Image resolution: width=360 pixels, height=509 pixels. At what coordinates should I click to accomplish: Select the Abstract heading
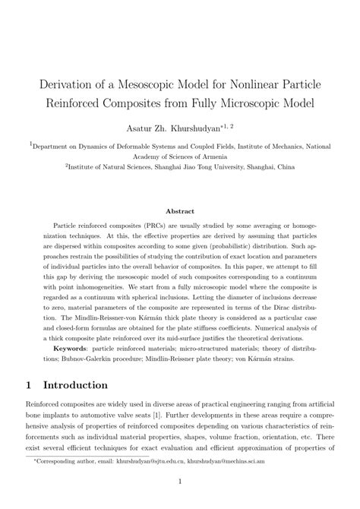click(x=180, y=210)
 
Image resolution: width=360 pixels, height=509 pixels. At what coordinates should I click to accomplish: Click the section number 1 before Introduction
click(x=33, y=386)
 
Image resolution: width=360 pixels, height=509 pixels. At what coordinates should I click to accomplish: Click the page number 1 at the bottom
click(x=180, y=492)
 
